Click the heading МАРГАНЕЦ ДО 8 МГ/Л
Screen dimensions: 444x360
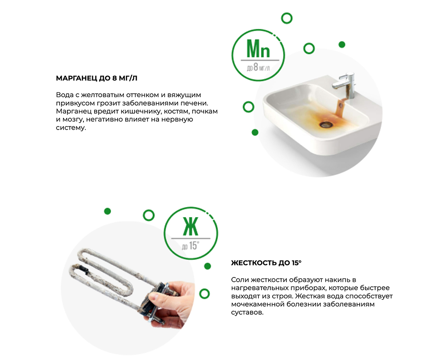coord(96,78)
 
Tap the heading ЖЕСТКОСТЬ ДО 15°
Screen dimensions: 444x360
coord(266,263)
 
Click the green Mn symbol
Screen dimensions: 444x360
coord(258,49)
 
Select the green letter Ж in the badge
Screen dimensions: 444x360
coord(191,226)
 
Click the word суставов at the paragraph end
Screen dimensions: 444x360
coord(247,313)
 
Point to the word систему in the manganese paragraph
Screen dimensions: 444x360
coord(71,128)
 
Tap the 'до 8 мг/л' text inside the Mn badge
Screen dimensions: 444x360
coord(258,67)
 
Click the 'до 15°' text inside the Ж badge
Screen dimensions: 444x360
coord(190,245)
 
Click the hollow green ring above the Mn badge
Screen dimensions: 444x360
coord(286,18)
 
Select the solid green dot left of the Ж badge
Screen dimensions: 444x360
coord(107,211)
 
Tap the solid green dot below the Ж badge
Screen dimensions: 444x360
coord(207,266)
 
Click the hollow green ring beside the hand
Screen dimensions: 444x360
coord(204,294)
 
